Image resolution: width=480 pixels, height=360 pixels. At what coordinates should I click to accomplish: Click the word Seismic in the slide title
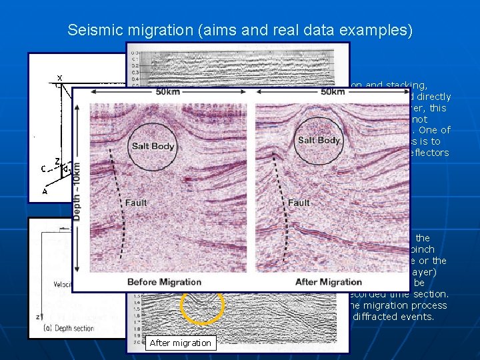pyautogui.click(x=90, y=30)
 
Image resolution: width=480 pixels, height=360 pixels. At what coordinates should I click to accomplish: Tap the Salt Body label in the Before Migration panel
pyautogui.click(x=153, y=146)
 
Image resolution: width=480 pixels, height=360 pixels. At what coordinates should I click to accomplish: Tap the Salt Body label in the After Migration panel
pyautogui.click(x=319, y=141)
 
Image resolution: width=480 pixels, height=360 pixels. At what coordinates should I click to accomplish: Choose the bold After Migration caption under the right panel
pyautogui.click(x=329, y=282)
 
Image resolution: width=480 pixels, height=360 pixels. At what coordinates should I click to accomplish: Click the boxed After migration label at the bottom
pyautogui.click(x=180, y=343)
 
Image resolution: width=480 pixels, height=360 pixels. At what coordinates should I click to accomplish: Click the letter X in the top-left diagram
pyautogui.click(x=59, y=77)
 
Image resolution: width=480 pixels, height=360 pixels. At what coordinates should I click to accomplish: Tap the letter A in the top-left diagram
pyautogui.click(x=45, y=191)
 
